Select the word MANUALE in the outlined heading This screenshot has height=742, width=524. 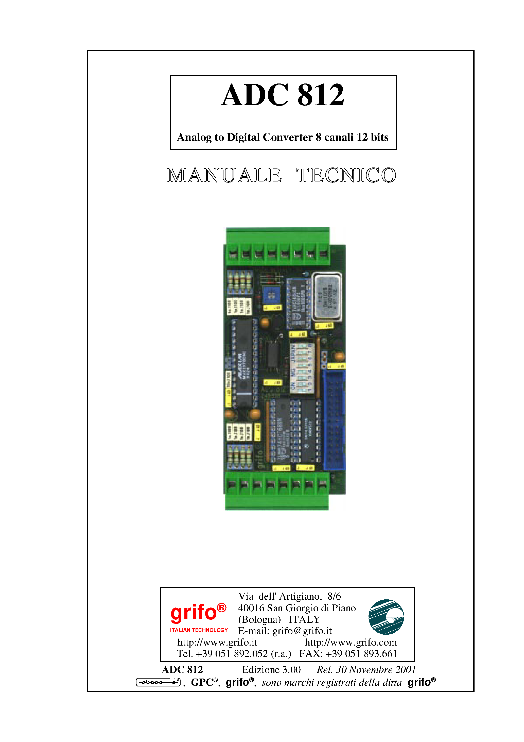click(x=224, y=176)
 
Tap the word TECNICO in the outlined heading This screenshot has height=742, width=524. click(x=346, y=176)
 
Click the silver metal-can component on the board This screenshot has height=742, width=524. click(x=327, y=297)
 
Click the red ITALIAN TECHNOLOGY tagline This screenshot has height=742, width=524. click(x=199, y=630)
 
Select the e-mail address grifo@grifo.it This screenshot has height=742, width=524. click(x=302, y=631)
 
